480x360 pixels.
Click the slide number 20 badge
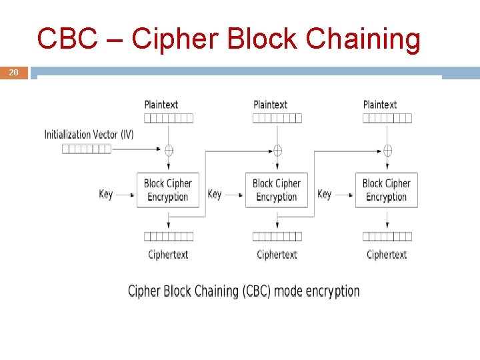point(14,73)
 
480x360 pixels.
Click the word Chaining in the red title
point(363,40)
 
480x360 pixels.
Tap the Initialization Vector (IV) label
point(89,135)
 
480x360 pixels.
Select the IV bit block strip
point(87,149)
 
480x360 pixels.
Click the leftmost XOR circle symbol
point(169,150)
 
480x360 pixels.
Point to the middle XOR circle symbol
point(277,150)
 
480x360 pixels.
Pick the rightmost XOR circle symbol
point(387,150)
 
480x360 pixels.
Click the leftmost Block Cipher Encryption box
point(168,190)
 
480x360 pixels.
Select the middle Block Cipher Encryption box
point(277,190)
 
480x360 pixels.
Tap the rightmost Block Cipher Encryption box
point(387,190)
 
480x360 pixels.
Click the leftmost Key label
point(106,195)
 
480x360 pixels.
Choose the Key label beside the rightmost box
point(325,195)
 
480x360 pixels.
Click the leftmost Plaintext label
point(161,105)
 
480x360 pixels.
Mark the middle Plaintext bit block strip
point(277,118)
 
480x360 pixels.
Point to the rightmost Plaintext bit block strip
point(387,118)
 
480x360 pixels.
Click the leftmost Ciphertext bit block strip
point(169,236)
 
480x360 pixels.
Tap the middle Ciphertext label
point(277,255)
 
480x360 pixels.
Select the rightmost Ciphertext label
point(387,255)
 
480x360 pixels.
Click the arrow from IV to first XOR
point(137,149)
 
